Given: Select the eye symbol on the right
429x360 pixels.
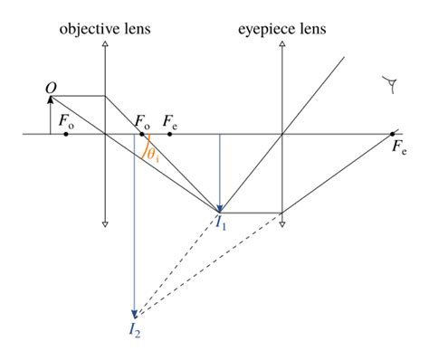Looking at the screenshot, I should [x=392, y=87].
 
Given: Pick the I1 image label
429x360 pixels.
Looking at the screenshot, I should [x=221, y=223].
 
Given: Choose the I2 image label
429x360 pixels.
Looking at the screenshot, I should [x=134, y=327].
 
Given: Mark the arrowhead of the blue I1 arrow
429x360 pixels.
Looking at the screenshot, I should [x=221, y=206].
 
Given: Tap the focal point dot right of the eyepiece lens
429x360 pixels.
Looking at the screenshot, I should [x=393, y=134].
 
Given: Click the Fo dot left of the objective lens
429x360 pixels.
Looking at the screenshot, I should [x=67, y=134].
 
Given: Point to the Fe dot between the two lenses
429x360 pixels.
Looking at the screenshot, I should [x=167, y=134].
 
